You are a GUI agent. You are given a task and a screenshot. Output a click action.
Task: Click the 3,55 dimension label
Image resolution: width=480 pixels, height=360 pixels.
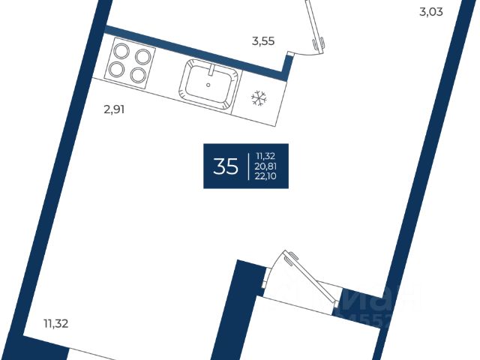(262, 41)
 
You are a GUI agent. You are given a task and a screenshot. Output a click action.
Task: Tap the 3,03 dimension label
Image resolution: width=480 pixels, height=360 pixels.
(436, 11)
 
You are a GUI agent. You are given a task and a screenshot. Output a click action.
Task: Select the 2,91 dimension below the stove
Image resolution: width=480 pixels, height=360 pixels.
(114, 109)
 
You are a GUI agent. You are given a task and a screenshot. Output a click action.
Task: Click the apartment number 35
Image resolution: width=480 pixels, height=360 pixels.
(226, 166)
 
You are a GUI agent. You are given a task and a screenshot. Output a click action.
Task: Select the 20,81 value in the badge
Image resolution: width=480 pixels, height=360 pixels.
(266, 166)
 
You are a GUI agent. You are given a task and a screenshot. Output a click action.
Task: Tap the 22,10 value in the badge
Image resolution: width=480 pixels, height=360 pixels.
(266, 176)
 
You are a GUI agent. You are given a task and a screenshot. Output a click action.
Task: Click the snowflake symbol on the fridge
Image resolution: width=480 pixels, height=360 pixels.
(259, 97)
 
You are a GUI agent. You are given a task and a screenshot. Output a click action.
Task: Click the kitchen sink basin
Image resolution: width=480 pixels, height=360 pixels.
(209, 84)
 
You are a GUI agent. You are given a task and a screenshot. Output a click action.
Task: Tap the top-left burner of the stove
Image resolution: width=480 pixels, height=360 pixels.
(122, 53)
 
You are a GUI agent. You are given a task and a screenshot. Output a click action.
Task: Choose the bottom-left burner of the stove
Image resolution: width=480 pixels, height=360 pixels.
(117, 70)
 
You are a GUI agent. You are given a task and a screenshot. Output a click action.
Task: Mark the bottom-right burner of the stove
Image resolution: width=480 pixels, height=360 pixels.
(136, 74)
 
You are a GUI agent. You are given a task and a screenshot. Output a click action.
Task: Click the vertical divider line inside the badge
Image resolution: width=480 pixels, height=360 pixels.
(247, 166)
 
